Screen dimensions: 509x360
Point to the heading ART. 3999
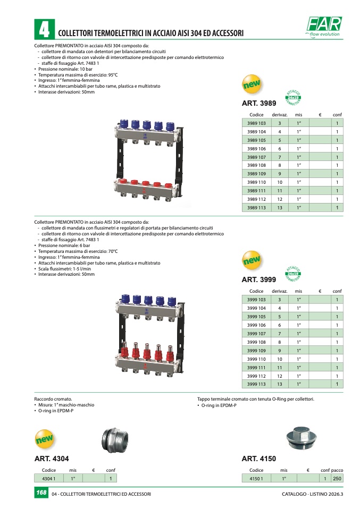coord(259,279)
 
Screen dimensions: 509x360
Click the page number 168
coord(40,494)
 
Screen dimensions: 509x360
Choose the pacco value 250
coord(337,479)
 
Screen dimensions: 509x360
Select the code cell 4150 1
coord(256,479)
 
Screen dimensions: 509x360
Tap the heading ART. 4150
coord(259,459)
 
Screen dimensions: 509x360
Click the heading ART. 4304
coord(52,459)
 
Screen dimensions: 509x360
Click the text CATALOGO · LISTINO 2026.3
coord(313,494)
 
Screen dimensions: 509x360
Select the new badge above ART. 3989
coord(252,84)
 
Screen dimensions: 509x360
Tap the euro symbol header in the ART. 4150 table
coord(308,470)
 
